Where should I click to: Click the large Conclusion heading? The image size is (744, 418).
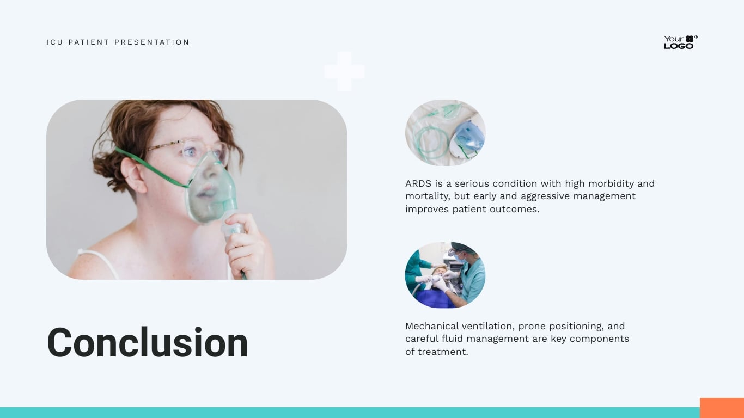point(148,343)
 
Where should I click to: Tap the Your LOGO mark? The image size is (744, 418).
point(680,42)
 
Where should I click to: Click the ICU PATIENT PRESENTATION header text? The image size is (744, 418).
point(118,42)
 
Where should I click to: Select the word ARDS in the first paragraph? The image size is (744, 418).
point(417,183)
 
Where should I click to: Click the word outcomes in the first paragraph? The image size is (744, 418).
point(516,209)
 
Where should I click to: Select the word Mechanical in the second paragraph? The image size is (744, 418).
point(432,326)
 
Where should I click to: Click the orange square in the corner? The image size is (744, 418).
point(722,408)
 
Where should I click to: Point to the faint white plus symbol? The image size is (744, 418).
point(344,71)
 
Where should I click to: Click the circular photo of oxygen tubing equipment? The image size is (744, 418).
point(445,133)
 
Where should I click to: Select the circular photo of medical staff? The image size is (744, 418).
point(445,275)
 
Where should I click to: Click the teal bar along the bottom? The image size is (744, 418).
point(349,413)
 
